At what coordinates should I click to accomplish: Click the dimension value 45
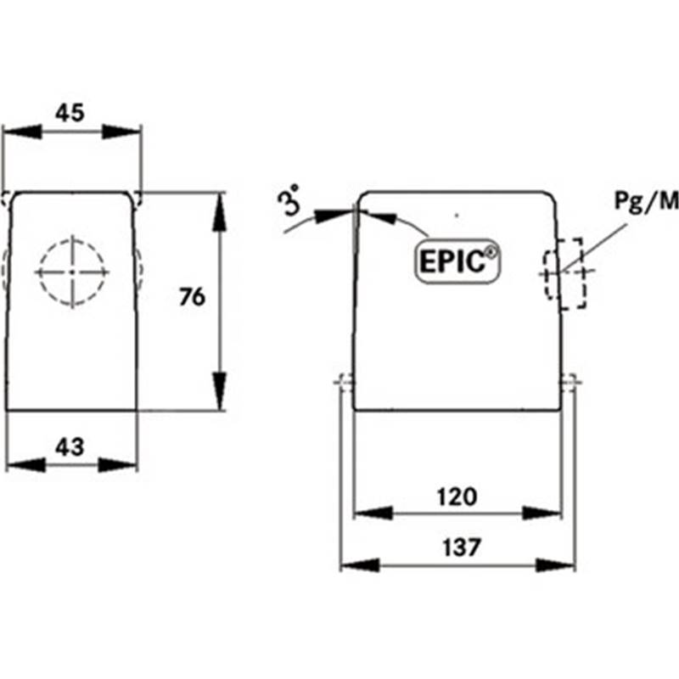coord(70,113)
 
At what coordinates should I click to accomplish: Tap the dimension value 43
coord(70,447)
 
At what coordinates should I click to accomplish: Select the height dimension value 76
coord(193,298)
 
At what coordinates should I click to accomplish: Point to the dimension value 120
coord(457,497)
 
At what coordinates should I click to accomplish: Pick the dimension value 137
coord(462,547)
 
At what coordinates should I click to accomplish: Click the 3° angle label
coord(290,200)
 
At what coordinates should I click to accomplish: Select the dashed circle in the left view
coord(72,272)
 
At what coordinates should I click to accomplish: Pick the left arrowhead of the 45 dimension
coord(23,132)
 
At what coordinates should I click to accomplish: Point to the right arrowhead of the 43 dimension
coord(117,465)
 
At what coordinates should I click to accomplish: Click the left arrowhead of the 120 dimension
coord(373,513)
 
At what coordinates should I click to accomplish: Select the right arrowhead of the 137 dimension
coord(556,565)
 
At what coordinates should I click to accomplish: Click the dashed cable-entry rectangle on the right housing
coord(564,273)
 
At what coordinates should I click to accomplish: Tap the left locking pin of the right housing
coord(345,381)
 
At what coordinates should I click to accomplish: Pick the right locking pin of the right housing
coord(570,381)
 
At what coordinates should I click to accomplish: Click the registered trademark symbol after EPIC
coord(491,252)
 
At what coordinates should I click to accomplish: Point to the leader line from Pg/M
coord(592,248)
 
